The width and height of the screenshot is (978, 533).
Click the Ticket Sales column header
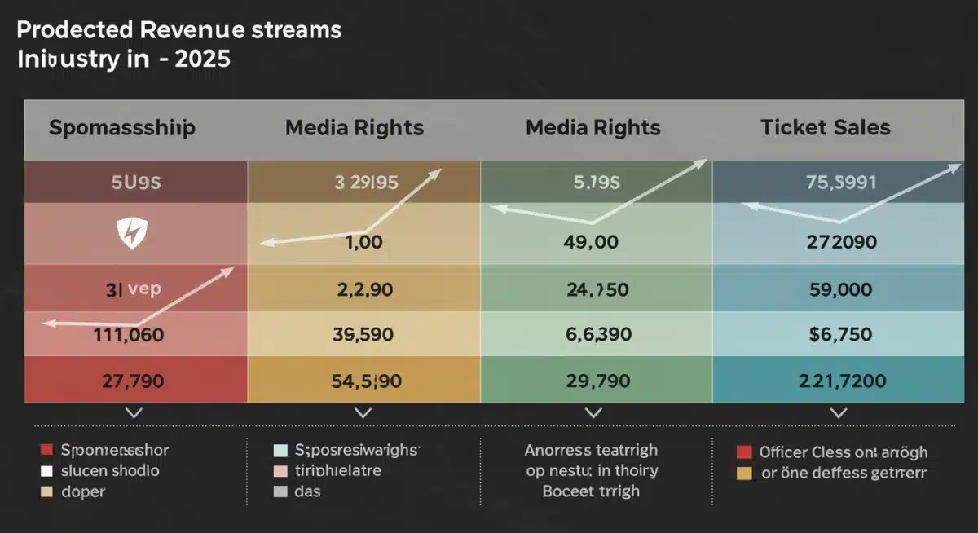[x=825, y=128]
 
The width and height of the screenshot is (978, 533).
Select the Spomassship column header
[x=122, y=128]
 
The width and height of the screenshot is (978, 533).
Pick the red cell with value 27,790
[x=136, y=380]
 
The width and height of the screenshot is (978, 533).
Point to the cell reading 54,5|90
[x=363, y=380]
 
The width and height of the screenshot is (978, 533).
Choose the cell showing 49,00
[x=592, y=242]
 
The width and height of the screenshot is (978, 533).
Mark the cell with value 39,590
[x=363, y=334]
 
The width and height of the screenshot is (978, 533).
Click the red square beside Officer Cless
[x=742, y=452]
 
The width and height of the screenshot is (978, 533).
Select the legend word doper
[x=83, y=491]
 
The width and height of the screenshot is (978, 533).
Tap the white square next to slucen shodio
[x=46, y=471]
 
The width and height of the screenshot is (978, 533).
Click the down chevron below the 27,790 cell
[x=134, y=414]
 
